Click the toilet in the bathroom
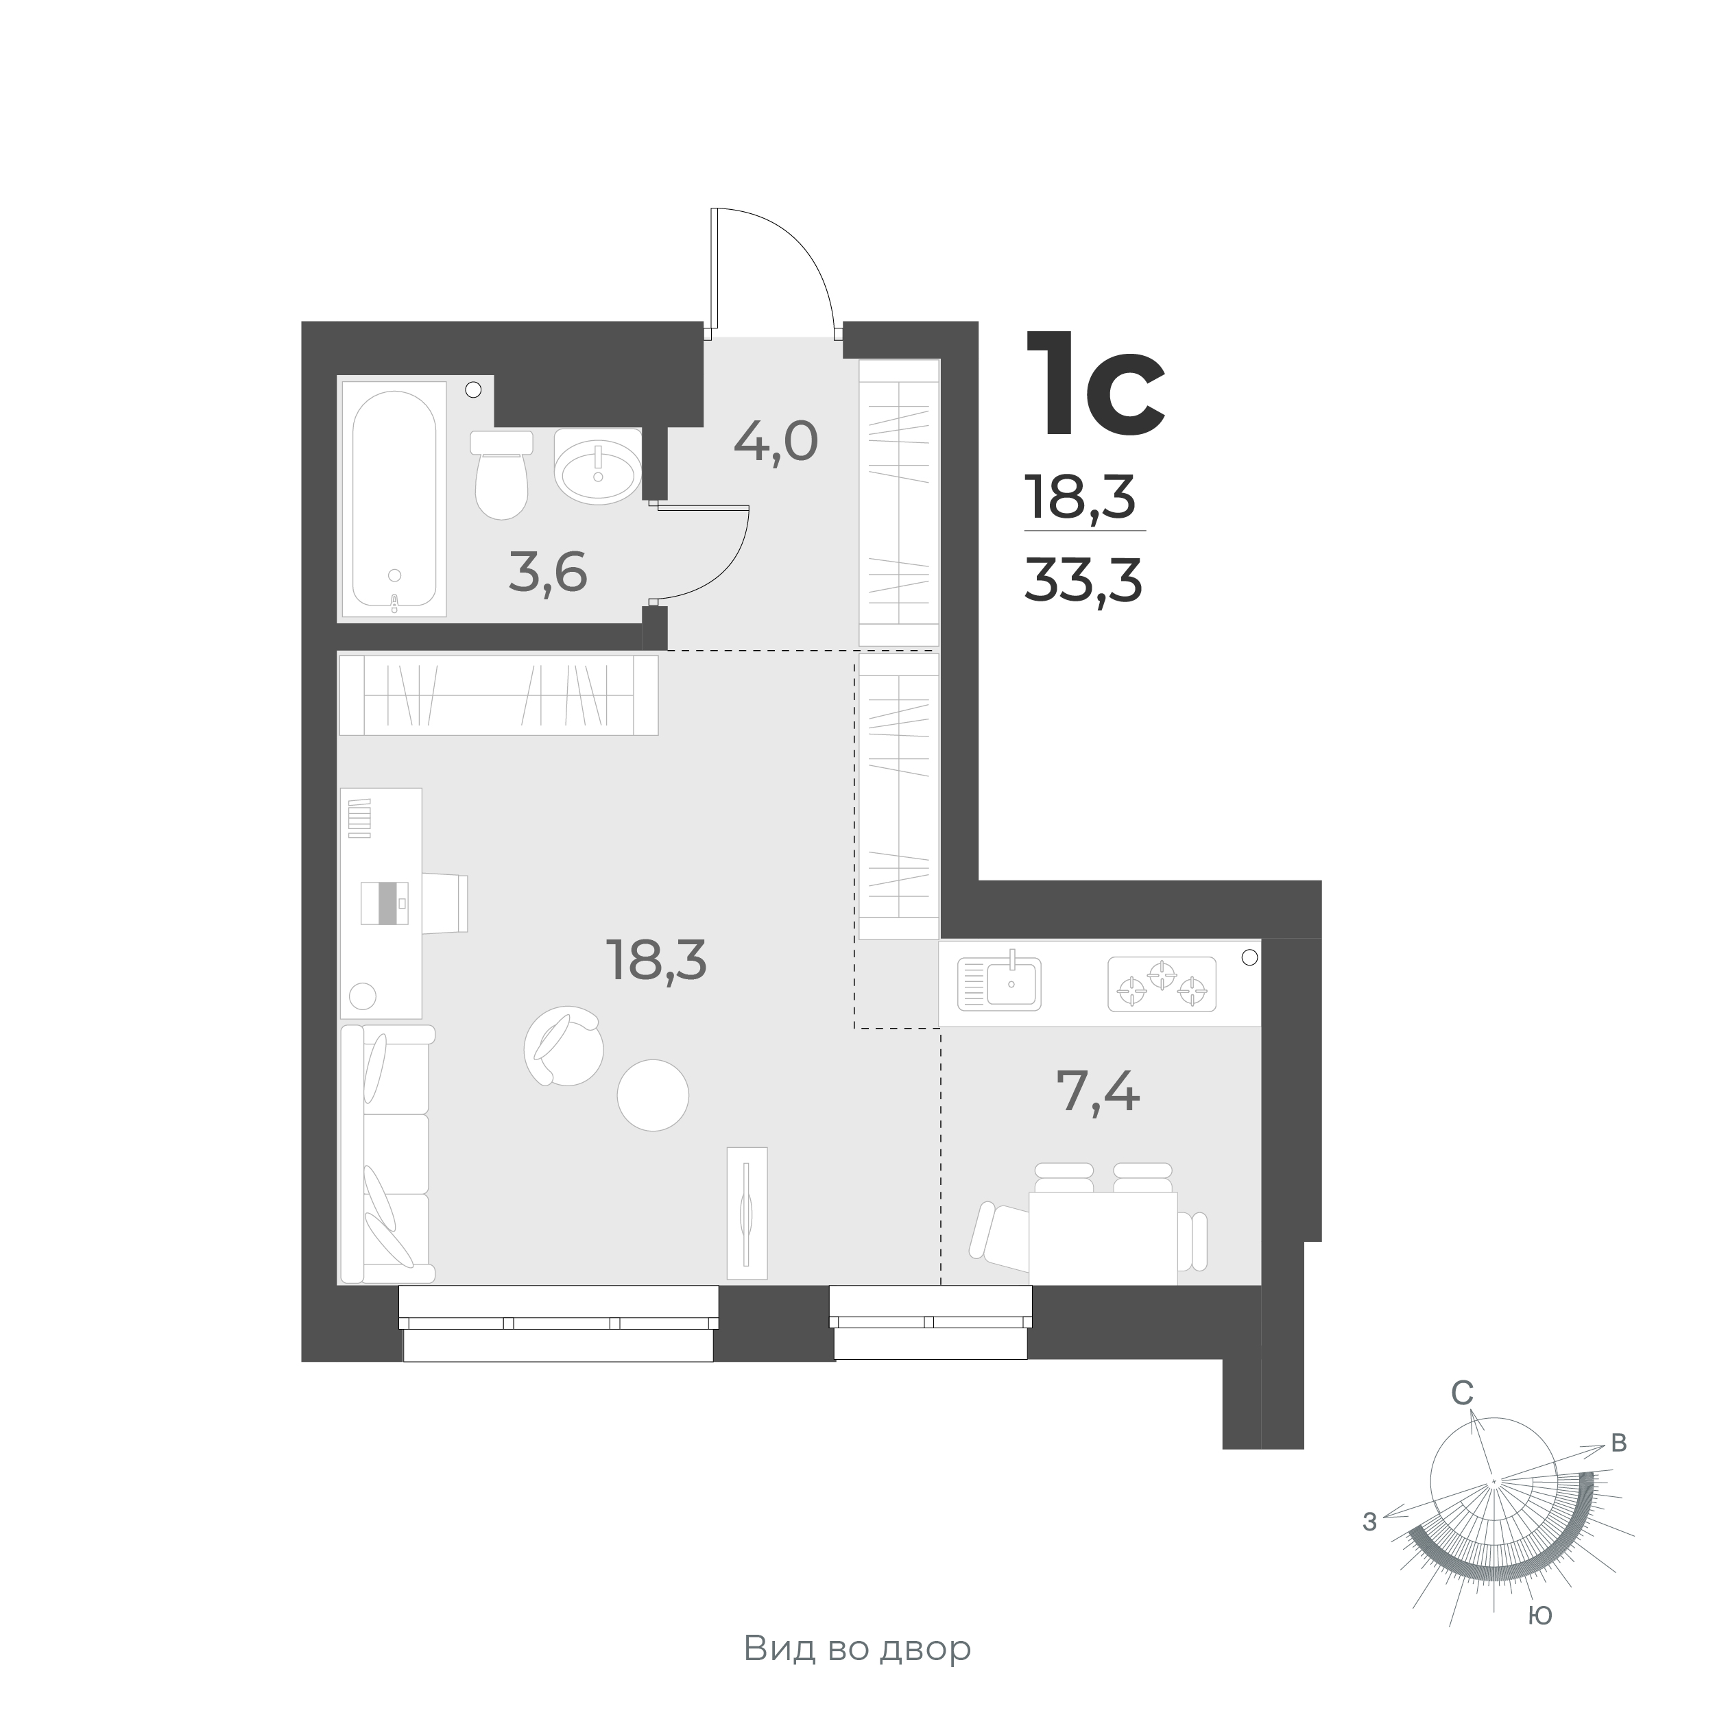point(501,477)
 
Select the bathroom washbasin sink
point(597,467)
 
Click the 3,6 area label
point(548,573)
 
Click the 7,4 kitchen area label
point(1098,1091)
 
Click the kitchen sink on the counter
point(1000,983)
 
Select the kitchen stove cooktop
point(1161,983)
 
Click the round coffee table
point(652,1094)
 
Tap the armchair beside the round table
point(564,1046)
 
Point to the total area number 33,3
point(1083,583)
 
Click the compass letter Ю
point(1539,1615)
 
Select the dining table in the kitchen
point(1103,1238)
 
